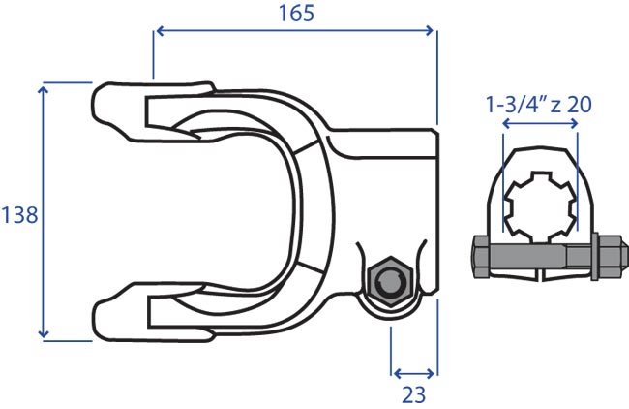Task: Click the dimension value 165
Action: [296, 14]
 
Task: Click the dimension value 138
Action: [19, 215]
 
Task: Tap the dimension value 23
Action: [413, 394]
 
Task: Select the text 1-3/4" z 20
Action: [539, 105]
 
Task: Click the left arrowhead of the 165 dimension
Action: [160, 31]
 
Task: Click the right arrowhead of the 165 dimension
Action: [430, 31]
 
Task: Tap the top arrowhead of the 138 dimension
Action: [44, 89]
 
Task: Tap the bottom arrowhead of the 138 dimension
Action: [44, 333]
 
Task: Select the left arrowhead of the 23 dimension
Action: [398, 374]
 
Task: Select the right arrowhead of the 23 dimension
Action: [431, 374]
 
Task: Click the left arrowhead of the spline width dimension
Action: [506, 124]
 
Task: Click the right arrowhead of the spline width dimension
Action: [574, 124]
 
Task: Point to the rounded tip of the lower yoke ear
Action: [98, 320]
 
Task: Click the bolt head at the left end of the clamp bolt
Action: [480, 256]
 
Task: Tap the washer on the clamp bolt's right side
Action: [595, 256]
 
